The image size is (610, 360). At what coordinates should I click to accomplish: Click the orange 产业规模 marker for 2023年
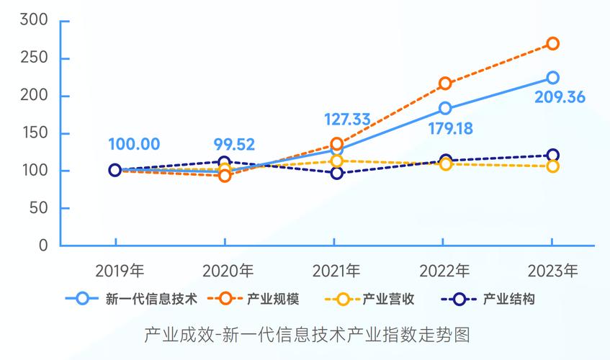point(552,44)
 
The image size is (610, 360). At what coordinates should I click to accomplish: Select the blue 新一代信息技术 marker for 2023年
point(552,78)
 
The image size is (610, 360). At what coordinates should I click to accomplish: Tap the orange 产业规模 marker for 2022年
point(445,84)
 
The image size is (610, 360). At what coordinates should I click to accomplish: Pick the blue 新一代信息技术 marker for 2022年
point(445,109)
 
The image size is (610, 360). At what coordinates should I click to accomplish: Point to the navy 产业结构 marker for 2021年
point(336,173)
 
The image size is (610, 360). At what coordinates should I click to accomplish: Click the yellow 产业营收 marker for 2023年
point(552,166)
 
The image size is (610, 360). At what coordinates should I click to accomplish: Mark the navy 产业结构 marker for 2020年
point(224,163)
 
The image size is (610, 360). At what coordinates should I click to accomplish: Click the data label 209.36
point(560,97)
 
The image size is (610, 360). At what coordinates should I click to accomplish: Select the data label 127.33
point(336,119)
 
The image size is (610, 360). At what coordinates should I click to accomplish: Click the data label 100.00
point(134,144)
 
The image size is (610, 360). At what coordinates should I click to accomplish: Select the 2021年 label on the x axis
point(336,271)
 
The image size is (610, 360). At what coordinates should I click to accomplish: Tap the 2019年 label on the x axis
point(120,271)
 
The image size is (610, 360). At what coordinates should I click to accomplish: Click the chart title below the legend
point(306,335)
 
